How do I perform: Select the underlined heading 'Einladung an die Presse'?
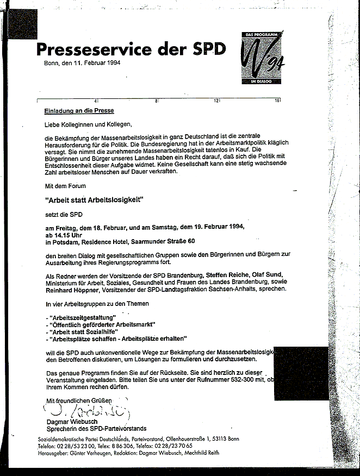79,111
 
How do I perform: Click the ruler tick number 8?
157,101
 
